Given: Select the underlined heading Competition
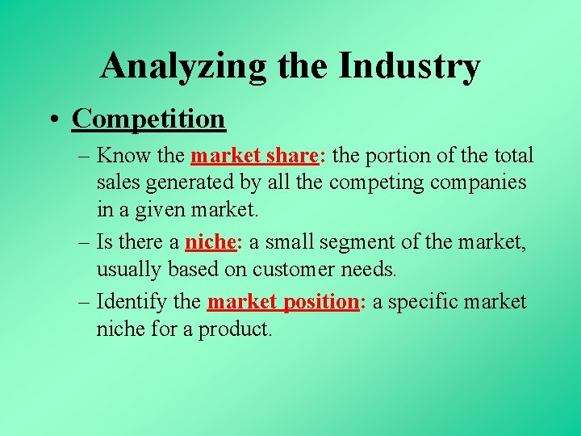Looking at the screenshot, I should [x=148, y=119].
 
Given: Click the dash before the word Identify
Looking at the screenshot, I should [x=85, y=302].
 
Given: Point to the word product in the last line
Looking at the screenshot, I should [x=232, y=330].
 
